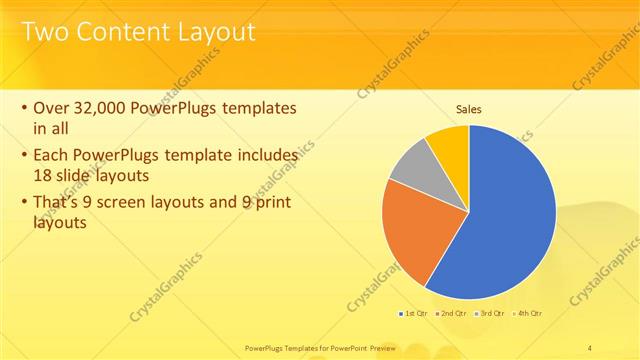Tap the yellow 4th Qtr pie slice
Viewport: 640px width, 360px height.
tap(448, 147)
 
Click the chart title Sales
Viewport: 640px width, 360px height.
tap(469, 109)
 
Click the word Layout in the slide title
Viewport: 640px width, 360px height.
tap(211, 32)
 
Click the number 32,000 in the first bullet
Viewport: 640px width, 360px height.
tap(103, 107)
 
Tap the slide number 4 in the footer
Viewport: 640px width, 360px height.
tap(591, 347)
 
